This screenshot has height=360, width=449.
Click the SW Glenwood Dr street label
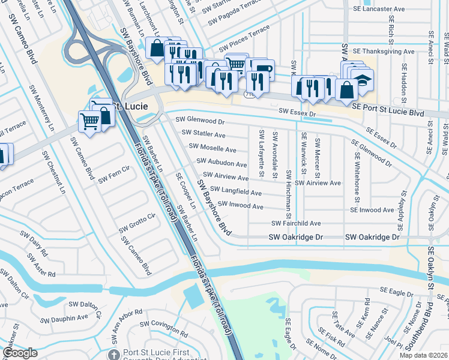[201, 120]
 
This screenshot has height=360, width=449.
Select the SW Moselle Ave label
[212, 148]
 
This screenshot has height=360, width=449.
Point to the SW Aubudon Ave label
[221, 163]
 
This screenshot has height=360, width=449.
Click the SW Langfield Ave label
[236, 193]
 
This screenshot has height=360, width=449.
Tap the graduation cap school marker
[362, 78]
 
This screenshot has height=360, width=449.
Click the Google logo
[20, 353]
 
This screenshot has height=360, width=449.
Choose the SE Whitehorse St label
[356, 181]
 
